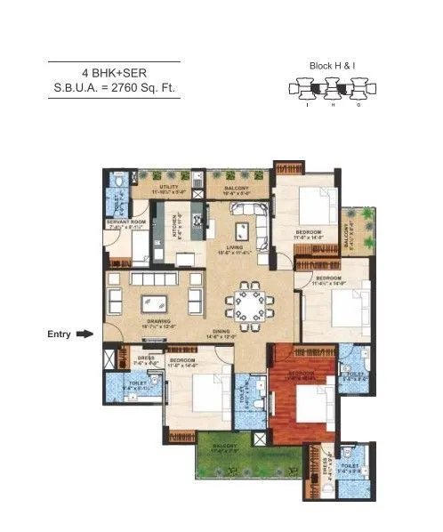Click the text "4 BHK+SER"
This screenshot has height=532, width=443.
point(114,72)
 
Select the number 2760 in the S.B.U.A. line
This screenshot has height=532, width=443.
point(132,87)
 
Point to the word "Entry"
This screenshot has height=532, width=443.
point(59,335)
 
